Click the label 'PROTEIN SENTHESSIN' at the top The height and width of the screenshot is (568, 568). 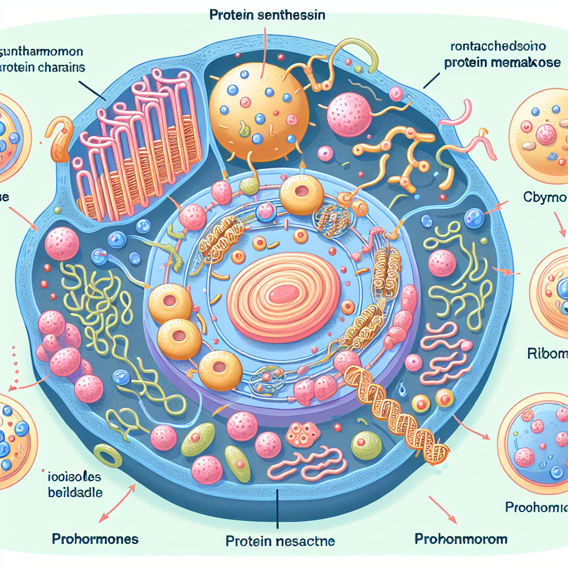(267, 16)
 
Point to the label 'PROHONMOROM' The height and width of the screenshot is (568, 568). (460, 538)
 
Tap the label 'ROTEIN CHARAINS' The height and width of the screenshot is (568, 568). (42, 68)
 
